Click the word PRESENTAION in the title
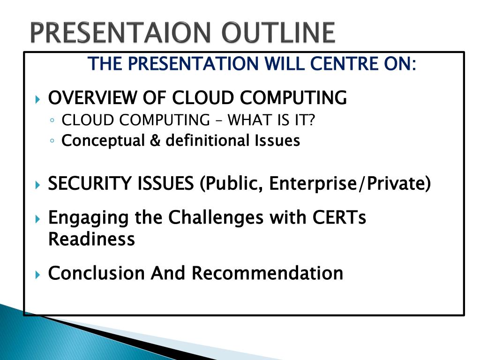(x=120, y=32)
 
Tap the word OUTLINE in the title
(x=278, y=32)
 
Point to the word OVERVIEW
(x=93, y=98)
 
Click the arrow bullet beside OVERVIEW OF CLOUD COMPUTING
(x=37, y=99)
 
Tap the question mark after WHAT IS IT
(x=312, y=120)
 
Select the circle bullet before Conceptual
(x=52, y=141)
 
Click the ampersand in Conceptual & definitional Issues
(x=155, y=141)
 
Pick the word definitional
(x=208, y=141)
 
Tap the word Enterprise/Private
(x=350, y=184)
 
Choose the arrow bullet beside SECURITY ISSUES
(x=37, y=185)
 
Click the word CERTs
(x=339, y=217)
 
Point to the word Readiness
(x=91, y=239)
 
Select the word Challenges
(x=216, y=217)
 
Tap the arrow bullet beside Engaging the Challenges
(x=37, y=219)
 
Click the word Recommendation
(x=267, y=273)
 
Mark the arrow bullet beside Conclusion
(x=37, y=274)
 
